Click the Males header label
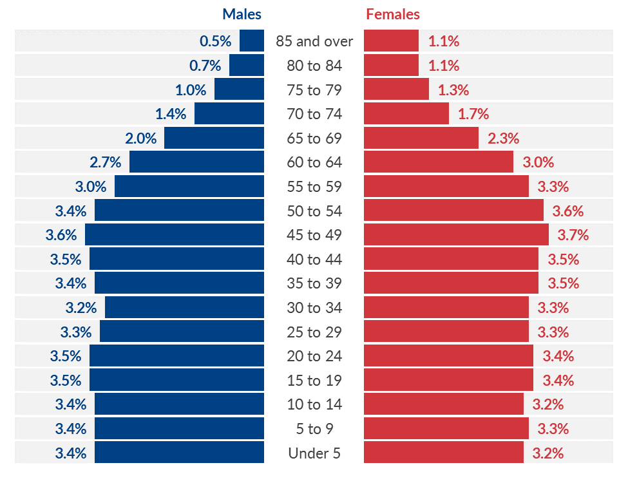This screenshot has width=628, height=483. click(x=242, y=14)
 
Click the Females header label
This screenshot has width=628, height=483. click(x=393, y=14)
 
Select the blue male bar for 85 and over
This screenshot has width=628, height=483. click(x=252, y=41)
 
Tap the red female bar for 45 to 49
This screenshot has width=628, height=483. click(x=456, y=235)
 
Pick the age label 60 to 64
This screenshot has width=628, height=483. click(x=314, y=162)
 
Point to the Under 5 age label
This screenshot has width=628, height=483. click(x=314, y=453)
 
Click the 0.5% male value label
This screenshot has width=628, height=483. click(x=215, y=41)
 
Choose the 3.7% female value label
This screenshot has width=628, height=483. click(x=573, y=235)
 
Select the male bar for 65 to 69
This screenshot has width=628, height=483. click(x=214, y=138)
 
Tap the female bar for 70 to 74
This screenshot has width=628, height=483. click(x=406, y=114)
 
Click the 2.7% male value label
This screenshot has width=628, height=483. click(x=106, y=162)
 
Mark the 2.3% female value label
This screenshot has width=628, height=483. click(x=504, y=138)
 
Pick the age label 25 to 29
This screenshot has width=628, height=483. click(x=314, y=332)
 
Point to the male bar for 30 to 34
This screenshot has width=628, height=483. click(x=184, y=308)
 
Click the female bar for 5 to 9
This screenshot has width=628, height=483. click(x=446, y=429)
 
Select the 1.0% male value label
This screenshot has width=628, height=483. click(x=191, y=90)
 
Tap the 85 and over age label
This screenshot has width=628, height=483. click(x=314, y=41)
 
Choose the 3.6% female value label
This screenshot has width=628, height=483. click(x=568, y=211)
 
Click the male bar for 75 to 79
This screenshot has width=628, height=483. click(x=239, y=90)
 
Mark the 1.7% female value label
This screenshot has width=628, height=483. click(x=473, y=114)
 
